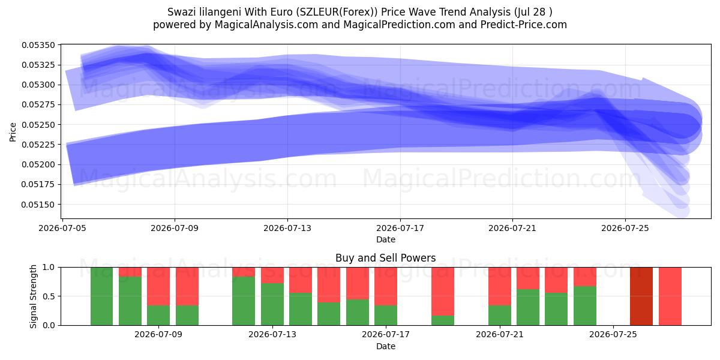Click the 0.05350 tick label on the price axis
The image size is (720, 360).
38,45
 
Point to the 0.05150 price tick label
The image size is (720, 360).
38,205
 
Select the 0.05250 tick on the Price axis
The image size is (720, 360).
38,125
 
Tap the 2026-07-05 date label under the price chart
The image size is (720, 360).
62,228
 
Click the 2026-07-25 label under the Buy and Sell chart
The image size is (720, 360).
613,334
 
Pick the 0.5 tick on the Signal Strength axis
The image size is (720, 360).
49,296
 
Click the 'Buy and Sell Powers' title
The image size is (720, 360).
385,258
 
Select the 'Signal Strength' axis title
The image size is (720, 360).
33,296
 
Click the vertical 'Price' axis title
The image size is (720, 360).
13,132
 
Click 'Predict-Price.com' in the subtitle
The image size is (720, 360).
524,25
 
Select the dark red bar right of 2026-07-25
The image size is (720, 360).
641,296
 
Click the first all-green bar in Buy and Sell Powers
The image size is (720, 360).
101,296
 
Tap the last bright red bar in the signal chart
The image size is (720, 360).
670,296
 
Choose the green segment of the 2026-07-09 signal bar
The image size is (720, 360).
158,315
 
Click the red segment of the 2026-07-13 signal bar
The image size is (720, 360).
272,275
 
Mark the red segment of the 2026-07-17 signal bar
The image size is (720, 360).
386,286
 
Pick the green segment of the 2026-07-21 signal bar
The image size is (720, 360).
499,315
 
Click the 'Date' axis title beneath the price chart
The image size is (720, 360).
386,239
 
